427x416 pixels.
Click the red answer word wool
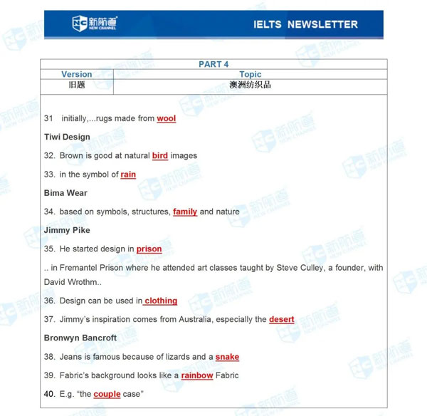166,118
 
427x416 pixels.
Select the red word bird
160,155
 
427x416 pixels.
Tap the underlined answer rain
128,175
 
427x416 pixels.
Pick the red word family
185,212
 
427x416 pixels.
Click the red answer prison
149,249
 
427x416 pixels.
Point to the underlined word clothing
161,301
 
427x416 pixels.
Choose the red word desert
281,319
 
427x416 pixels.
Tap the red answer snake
227,357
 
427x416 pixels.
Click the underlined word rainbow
197,375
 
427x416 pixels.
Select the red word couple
107,394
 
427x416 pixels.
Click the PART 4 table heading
213,64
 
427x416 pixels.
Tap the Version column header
77,74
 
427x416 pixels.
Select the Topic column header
251,74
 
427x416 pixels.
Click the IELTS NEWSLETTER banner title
305,24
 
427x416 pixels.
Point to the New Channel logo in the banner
95,24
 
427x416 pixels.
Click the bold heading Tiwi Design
67,137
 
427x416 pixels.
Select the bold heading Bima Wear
65,193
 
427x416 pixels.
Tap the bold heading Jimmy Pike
67,231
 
